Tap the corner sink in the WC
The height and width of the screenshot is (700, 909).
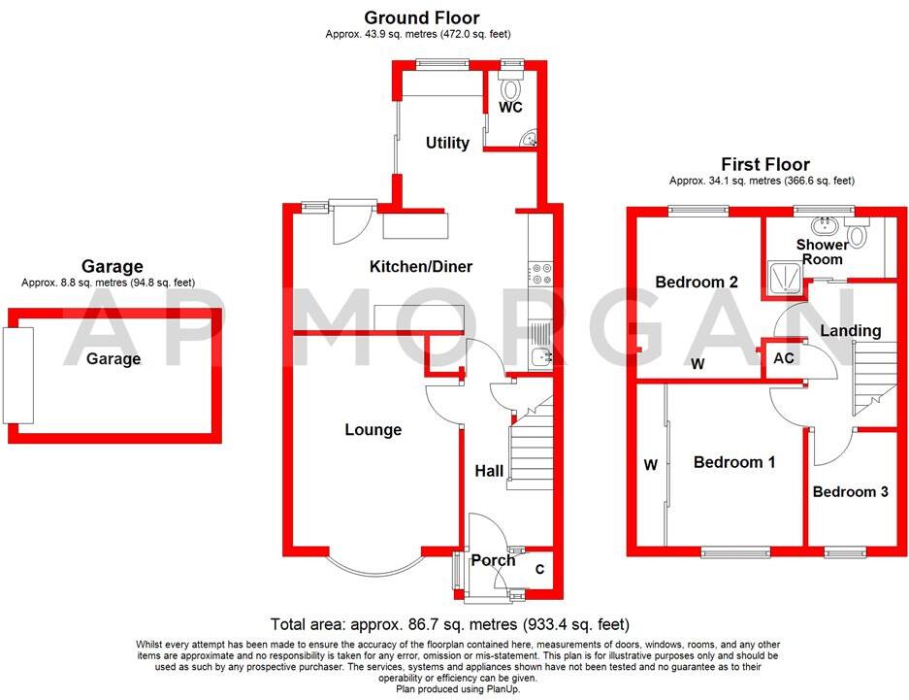(529, 140)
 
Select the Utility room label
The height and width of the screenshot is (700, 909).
(447, 143)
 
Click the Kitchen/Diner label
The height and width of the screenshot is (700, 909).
(420, 266)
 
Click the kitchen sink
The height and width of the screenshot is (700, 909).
(541, 356)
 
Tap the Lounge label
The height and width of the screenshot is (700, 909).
(373, 429)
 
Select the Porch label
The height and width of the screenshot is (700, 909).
(493, 560)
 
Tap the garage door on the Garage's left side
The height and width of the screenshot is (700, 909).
(17, 375)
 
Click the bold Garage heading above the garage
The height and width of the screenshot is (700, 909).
(112, 266)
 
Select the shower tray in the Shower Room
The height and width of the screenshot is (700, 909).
(786, 278)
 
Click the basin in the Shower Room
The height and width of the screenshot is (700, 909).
(827, 225)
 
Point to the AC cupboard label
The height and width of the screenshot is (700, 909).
(784, 357)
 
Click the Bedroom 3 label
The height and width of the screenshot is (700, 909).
(850, 492)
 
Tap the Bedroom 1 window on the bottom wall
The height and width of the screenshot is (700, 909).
(737, 552)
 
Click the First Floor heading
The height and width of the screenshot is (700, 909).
(764, 164)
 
